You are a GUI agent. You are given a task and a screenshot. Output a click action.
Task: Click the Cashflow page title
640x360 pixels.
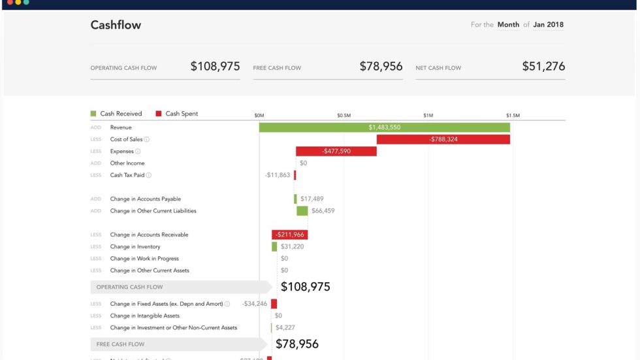116,25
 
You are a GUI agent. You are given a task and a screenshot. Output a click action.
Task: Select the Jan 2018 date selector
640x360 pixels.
548,25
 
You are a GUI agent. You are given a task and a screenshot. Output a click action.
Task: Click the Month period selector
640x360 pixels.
508,25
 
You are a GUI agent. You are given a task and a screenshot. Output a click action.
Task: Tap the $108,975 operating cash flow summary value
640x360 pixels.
215,67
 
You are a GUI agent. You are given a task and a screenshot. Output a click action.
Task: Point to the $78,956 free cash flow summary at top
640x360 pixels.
381,67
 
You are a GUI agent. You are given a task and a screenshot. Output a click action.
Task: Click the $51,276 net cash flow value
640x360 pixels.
543,67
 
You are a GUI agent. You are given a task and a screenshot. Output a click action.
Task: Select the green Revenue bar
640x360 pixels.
384,127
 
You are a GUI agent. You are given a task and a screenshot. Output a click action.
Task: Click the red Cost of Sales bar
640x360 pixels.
443,139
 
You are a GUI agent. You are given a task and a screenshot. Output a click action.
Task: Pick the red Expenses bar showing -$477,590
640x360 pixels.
336,151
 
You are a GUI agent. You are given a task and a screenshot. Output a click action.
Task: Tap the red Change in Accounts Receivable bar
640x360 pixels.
289,235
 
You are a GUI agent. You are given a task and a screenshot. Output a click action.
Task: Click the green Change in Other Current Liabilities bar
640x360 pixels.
302,211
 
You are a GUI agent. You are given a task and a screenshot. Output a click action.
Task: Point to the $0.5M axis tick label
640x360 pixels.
344,116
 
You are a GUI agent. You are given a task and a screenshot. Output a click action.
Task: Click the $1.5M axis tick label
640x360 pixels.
512,116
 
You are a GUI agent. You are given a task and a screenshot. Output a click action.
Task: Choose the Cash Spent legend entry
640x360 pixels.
177,114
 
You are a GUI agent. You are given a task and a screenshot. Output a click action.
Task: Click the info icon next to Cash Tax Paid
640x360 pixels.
149,175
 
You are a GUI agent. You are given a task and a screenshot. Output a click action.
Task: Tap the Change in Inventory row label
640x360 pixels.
135,246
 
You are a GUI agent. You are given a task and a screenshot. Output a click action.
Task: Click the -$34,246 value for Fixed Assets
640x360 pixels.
254,304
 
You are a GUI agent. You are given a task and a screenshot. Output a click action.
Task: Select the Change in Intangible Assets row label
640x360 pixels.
144,316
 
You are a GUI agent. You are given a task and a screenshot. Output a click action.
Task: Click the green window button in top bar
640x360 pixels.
26,3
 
